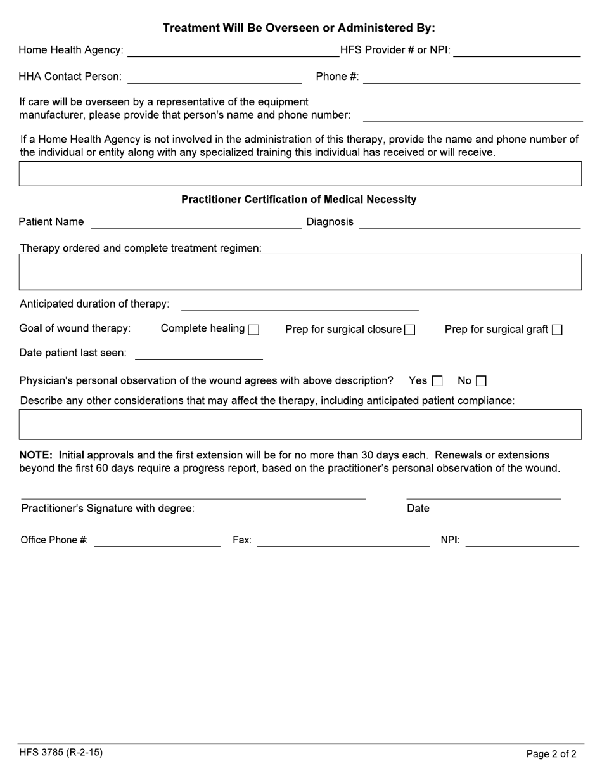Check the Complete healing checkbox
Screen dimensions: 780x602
point(253,330)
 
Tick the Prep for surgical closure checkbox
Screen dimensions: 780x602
point(409,330)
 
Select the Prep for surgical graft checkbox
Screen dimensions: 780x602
point(557,330)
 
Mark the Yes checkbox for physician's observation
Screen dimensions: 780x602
point(437,381)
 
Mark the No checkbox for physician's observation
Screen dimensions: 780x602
point(481,381)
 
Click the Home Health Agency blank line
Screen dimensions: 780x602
point(233,51)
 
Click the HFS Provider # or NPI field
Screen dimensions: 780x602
point(517,51)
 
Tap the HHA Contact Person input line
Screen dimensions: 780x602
point(215,77)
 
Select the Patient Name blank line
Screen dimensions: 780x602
point(196,222)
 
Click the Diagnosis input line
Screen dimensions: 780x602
point(470,222)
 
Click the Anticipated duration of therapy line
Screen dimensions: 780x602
point(300,304)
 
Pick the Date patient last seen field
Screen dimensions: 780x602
point(199,353)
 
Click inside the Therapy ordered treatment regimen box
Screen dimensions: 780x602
point(300,272)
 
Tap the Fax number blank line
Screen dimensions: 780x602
point(343,540)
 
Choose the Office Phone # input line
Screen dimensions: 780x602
point(157,540)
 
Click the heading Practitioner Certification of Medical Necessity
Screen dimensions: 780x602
point(299,200)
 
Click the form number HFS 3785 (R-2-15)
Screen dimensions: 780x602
point(61,753)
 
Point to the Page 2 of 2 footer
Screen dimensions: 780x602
point(551,754)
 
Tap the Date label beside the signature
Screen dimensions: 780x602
point(418,509)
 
